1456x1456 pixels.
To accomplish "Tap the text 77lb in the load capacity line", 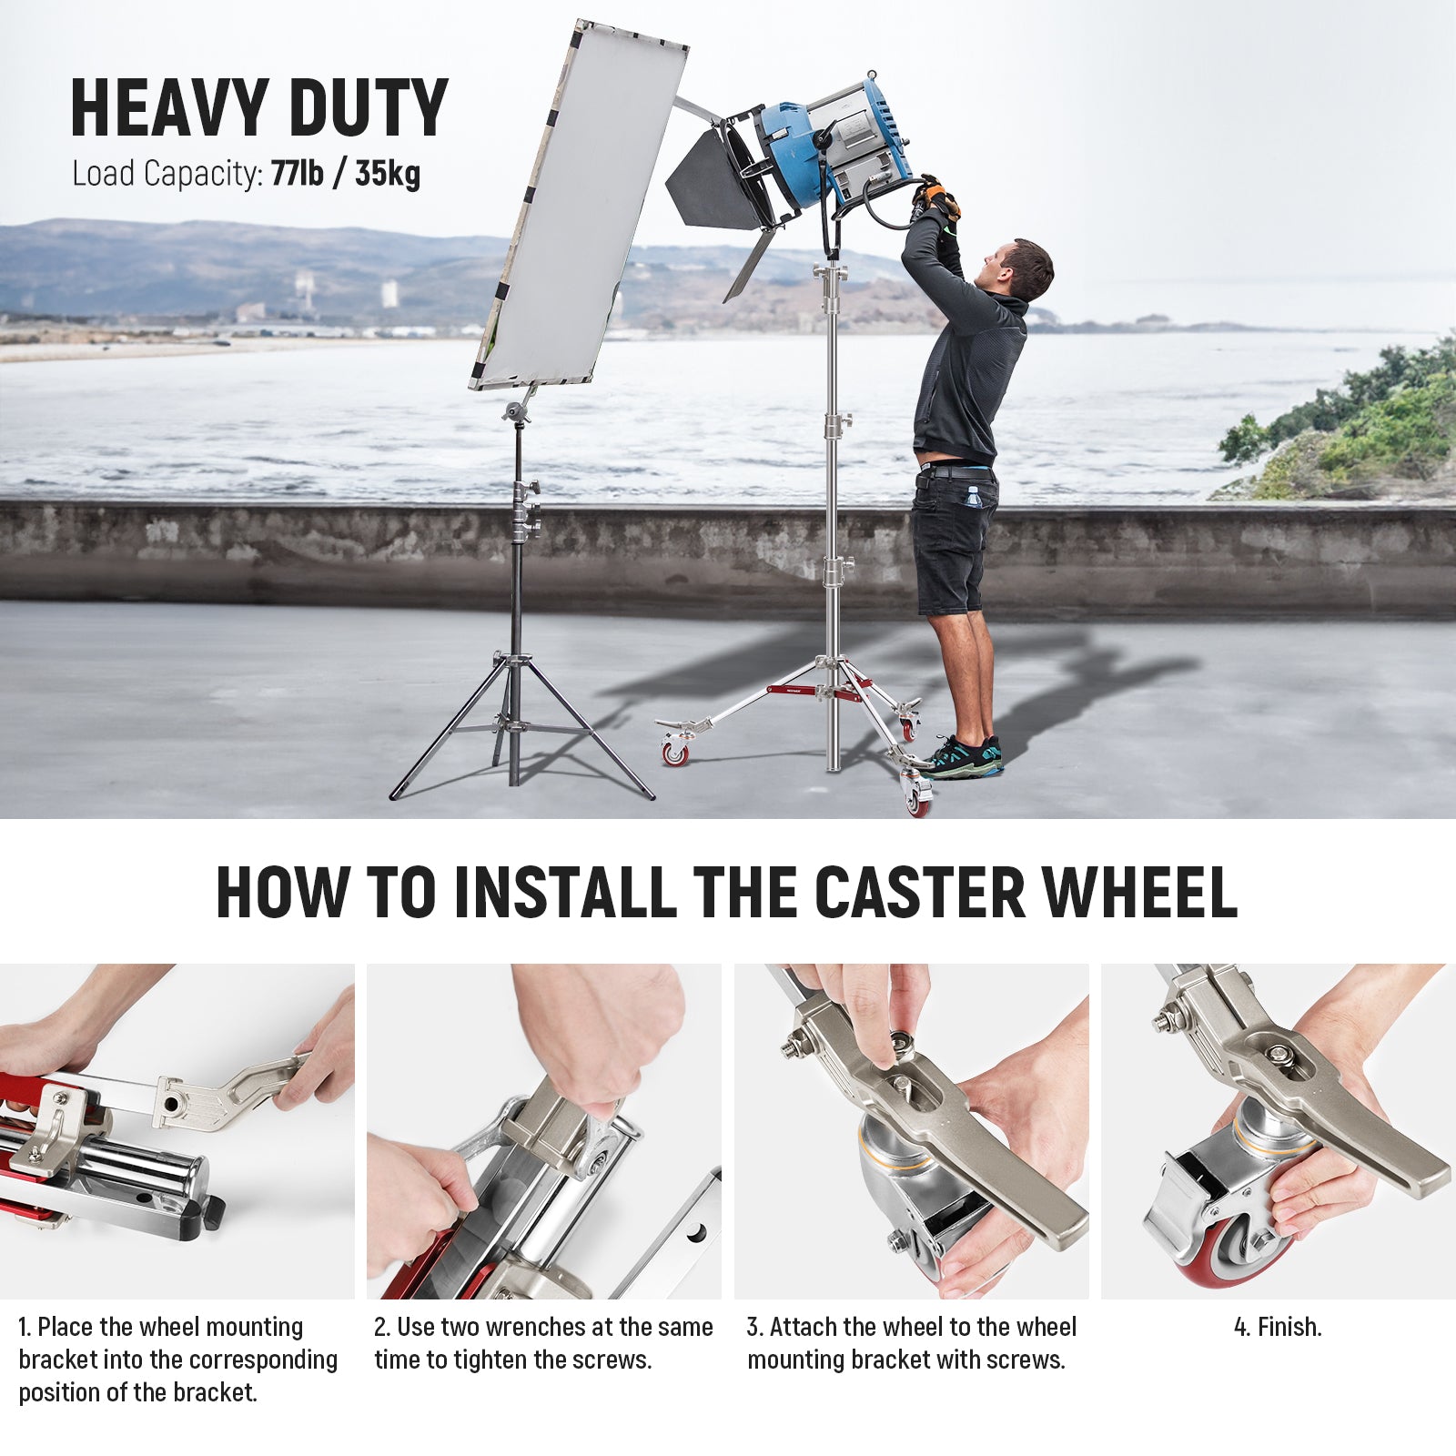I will tap(297, 173).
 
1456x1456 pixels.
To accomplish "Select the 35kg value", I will tap(388, 173).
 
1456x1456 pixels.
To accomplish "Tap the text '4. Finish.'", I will tap(1278, 1327).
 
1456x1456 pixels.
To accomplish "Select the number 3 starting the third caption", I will tap(753, 1327).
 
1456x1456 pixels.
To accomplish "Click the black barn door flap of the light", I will tap(714, 182).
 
